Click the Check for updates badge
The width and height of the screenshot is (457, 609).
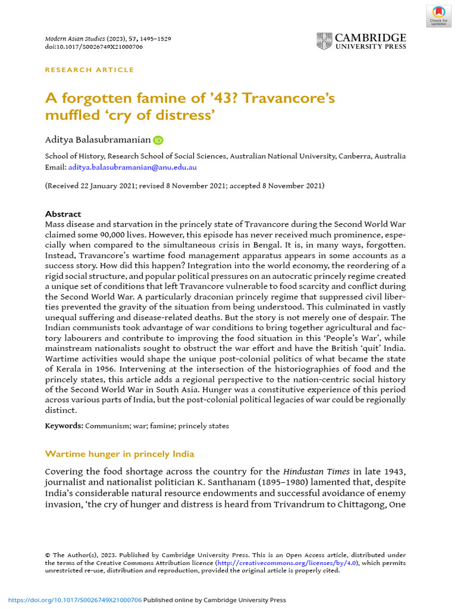tap(439, 15)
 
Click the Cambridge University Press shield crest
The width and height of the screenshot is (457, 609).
tap(324, 41)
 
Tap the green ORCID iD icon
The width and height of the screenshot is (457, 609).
tap(158, 140)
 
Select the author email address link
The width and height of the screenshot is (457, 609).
tap(132, 167)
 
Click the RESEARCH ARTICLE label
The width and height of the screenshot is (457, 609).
tap(90, 70)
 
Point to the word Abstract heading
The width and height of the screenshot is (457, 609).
tap(63, 214)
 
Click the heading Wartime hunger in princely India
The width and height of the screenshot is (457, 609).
tap(120, 454)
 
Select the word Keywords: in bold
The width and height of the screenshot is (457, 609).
tap(64, 426)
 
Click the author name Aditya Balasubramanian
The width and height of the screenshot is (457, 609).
tap(98, 140)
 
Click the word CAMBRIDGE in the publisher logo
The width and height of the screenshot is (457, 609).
tap(371, 38)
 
